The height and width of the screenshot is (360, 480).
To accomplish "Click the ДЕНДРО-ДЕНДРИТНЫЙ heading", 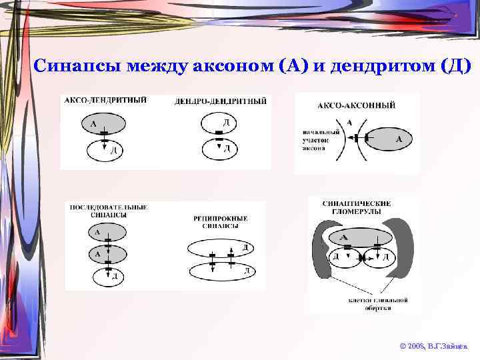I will pos(220,101).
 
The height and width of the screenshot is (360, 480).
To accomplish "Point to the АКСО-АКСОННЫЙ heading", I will pos(356,105).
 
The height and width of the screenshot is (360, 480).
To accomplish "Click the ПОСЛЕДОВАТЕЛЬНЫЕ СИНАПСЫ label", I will pos(108,211).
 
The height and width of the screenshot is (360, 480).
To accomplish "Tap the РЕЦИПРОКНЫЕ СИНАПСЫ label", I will pos(220,221).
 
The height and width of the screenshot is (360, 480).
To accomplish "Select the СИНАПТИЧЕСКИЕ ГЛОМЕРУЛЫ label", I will pos(356,207).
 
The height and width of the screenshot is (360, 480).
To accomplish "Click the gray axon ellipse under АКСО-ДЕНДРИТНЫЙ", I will pos(103,123).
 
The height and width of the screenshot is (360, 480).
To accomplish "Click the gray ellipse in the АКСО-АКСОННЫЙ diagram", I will pos(393,139).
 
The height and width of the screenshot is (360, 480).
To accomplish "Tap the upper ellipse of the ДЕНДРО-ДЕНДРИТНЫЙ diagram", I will pos(219,123).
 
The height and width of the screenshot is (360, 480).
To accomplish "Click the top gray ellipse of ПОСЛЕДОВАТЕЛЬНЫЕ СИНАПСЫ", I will pos(105,233).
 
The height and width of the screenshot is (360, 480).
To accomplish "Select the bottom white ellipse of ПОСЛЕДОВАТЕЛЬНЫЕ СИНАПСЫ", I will pos(105,275).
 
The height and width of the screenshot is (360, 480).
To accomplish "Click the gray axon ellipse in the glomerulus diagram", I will pos(357,238).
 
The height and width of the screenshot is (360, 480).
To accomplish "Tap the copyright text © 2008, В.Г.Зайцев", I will pos(434,347).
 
